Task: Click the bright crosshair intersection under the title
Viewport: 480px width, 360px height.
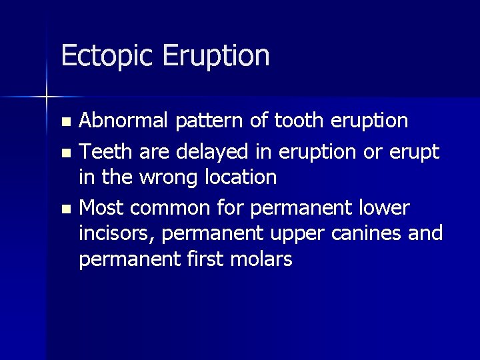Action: coord(47,97)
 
